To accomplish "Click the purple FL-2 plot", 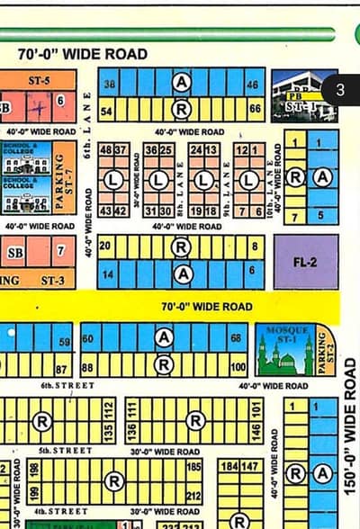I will coord(306,262).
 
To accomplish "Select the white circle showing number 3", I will coord(340,90).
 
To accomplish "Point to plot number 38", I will coord(110,84).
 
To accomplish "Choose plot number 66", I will coord(256,110).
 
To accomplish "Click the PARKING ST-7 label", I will coord(61,181).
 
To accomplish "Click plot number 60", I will coord(88,339).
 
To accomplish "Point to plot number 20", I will coord(105,246).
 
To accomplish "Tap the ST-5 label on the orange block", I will coord(39,80).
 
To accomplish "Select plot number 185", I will coord(193,468).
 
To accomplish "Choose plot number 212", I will coord(193,496).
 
